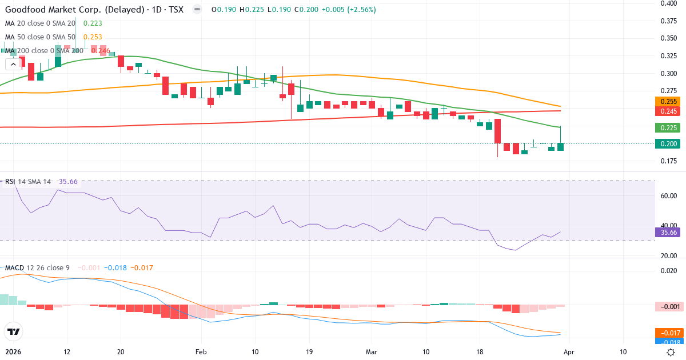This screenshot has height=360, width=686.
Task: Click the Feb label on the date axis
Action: pyautogui.click(x=201, y=352)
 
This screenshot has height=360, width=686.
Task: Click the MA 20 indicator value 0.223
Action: pyautogui.click(x=94, y=23)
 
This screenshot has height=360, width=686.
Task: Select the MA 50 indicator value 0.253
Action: pyautogui.click(x=94, y=37)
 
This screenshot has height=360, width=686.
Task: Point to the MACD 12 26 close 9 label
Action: pyautogui.click(x=37, y=268)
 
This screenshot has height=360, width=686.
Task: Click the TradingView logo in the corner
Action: pyautogui.click(x=13, y=331)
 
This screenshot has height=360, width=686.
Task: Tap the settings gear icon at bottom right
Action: pyautogui.click(x=671, y=352)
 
